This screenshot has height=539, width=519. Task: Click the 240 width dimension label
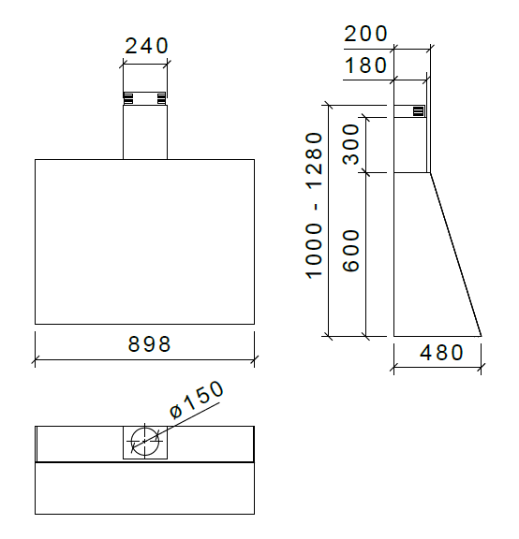(145, 45)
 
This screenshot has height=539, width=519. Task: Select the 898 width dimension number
(150, 343)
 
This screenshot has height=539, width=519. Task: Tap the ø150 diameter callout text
(197, 400)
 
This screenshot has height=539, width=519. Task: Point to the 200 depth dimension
(365, 34)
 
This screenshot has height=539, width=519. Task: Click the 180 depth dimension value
(365, 66)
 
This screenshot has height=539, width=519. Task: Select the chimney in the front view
(145, 131)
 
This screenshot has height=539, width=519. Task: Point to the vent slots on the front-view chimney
(145, 97)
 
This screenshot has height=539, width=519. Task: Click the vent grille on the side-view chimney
(418, 110)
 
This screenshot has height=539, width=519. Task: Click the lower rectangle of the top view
(144, 488)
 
